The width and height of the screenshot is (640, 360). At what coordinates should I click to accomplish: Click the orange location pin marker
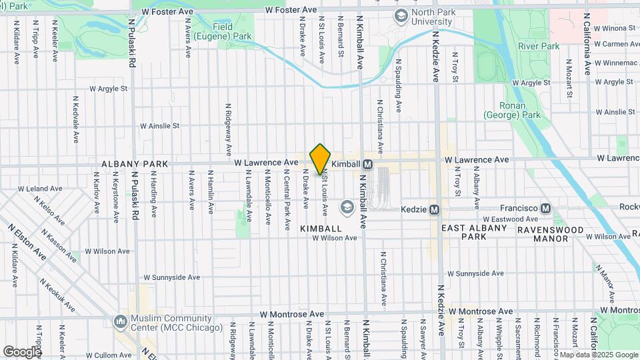(x=321, y=159)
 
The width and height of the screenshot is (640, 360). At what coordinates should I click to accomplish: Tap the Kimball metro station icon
(x=367, y=164)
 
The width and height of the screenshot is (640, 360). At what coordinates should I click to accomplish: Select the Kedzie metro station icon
(x=435, y=209)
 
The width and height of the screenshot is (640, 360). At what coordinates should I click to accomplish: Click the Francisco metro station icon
(x=546, y=209)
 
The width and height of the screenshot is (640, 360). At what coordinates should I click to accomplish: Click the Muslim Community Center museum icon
(x=120, y=322)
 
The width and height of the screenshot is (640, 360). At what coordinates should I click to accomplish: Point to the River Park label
(x=539, y=47)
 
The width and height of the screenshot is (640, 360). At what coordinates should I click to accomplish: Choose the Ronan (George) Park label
(x=511, y=110)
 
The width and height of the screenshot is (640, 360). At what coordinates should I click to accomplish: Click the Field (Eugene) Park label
(x=233, y=31)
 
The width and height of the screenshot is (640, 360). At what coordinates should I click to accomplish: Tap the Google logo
(x=22, y=351)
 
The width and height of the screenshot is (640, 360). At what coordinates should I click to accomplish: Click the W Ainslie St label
(x=159, y=125)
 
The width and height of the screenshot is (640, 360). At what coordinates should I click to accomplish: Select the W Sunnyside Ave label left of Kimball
(x=172, y=277)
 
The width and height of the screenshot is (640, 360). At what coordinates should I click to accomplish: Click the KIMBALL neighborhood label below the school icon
(x=321, y=228)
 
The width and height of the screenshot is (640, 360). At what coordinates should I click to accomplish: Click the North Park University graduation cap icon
(x=401, y=15)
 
